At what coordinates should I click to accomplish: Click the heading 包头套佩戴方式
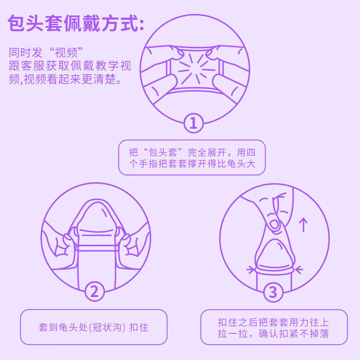pos(76,24)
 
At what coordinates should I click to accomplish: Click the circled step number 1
pos(193,122)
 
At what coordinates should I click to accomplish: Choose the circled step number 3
pos(273,293)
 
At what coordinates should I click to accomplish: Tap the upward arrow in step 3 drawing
pos(304,224)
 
